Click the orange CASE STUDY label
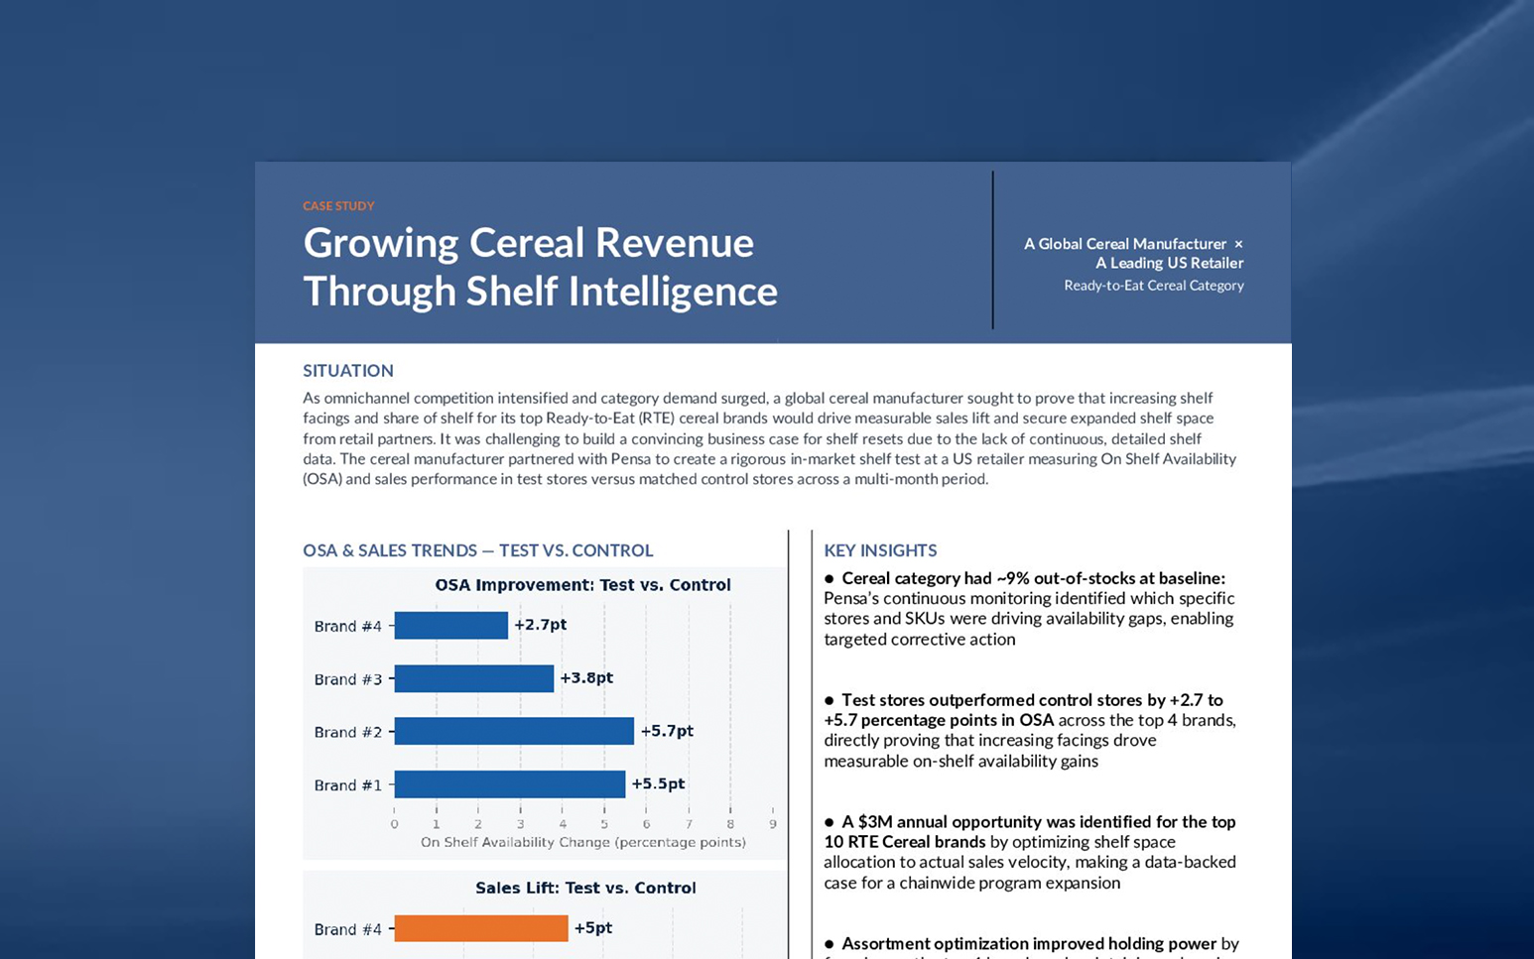pos(338,206)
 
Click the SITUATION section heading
pos(348,371)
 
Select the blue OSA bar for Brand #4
pos(450,625)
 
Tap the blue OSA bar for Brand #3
pos(473,678)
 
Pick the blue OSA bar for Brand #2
pos(513,731)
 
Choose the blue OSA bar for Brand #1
pos(509,784)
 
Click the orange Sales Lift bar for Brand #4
pos(480,928)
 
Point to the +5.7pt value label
pos(667,731)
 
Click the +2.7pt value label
pos(540,625)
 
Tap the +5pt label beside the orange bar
pos(593,928)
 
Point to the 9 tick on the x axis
pos(773,824)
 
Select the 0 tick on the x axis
pos(395,824)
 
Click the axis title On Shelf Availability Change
pos(582,843)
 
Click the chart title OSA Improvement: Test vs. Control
pos(582,585)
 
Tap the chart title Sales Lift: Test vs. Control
pos(585,888)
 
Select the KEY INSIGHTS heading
pos(880,550)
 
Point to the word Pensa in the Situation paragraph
pos(631,459)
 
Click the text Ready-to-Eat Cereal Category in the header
pos(1153,286)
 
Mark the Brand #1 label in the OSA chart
pos(347,785)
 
